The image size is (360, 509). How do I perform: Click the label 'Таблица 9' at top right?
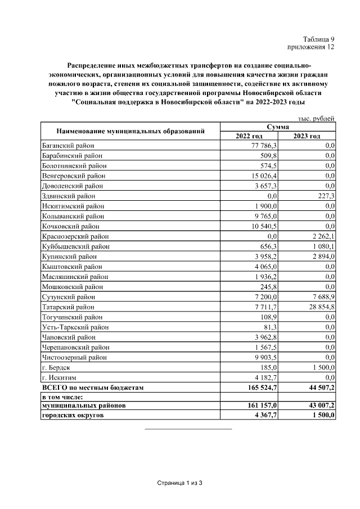click(x=319, y=39)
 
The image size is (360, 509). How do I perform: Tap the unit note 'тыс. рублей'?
click(x=317, y=118)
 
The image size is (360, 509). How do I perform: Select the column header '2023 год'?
click(x=307, y=136)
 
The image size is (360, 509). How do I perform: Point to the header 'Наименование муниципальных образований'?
click(x=130, y=132)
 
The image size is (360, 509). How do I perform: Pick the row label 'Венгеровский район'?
click(x=74, y=176)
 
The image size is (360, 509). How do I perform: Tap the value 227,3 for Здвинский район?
click(x=324, y=196)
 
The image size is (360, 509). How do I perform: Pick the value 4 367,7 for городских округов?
click(x=263, y=416)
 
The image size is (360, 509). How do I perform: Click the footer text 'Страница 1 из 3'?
click(x=179, y=483)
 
